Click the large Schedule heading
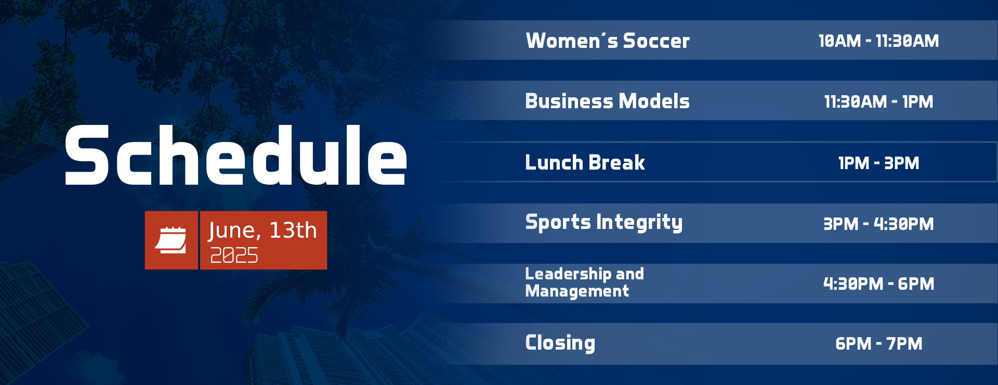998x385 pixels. coord(236,155)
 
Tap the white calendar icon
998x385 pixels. coord(171,240)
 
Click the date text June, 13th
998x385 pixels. coord(262,230)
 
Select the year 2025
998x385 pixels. coord(234,255)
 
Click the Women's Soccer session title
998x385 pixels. coord(608,41)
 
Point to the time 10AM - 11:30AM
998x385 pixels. coord(878,41)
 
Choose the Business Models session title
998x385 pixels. coord(607,101)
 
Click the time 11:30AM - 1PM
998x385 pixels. coord(878,101)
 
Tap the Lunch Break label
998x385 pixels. coord(585,162)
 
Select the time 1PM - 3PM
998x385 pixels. coord(878,163)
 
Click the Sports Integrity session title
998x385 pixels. coord(603,223)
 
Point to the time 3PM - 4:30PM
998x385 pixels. coord(878,224)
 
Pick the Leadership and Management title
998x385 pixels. coord(584,283)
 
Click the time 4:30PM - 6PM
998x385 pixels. coord(878,284)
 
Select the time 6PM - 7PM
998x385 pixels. coord(878,343)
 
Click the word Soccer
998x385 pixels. coord(656,41)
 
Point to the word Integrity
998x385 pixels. coord(639,223)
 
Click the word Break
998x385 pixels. coord(617,162)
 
